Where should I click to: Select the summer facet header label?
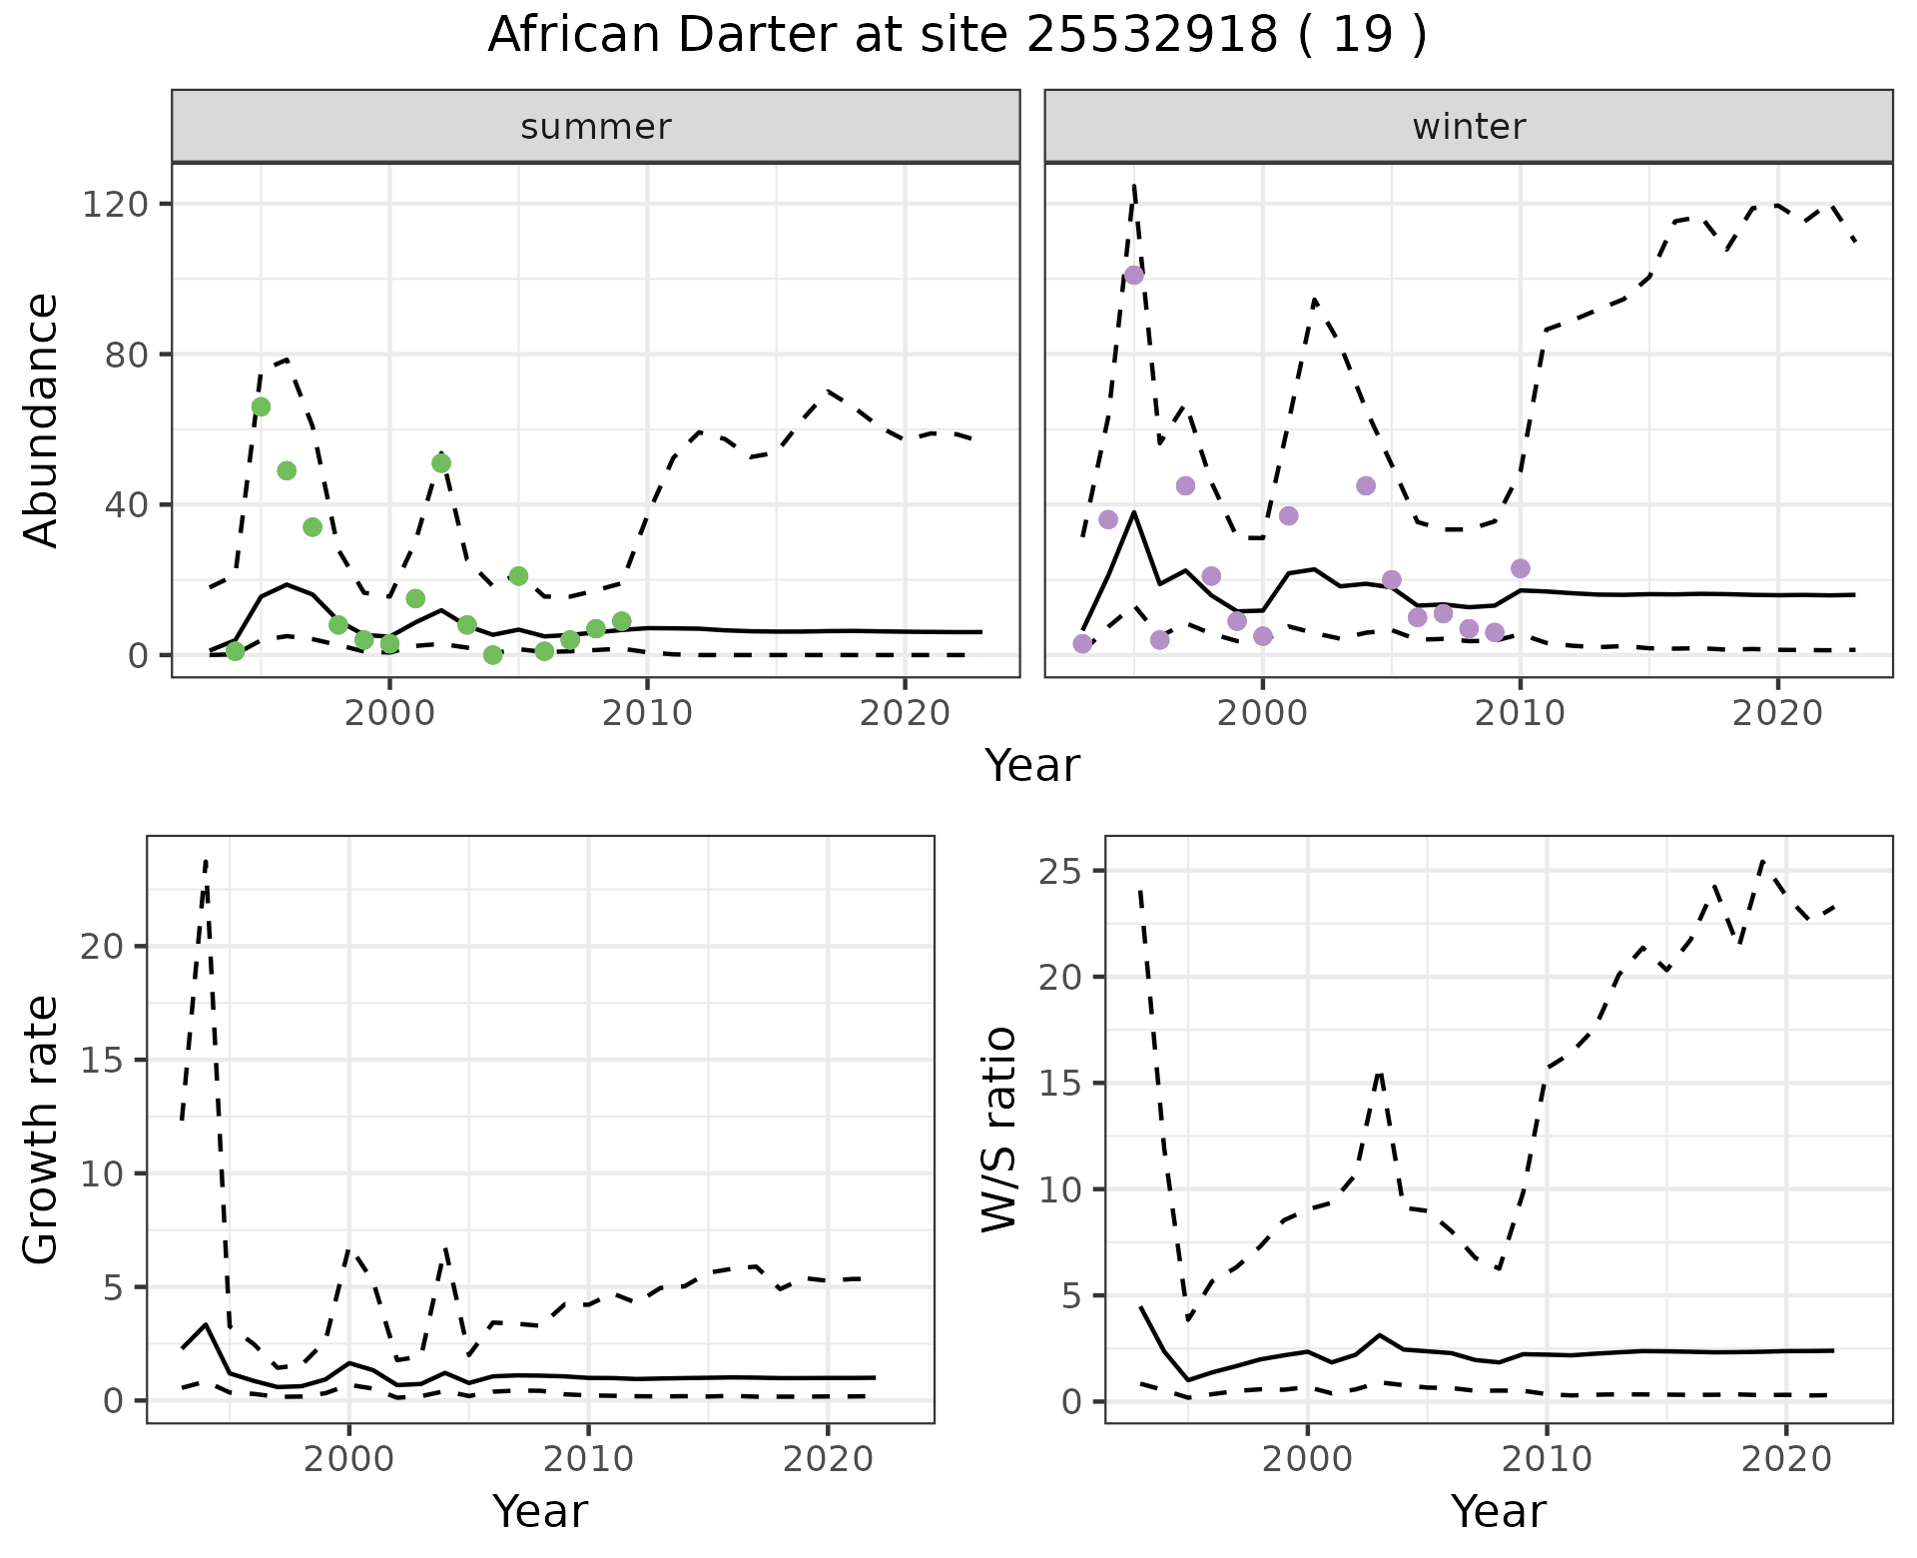tap(596, 127)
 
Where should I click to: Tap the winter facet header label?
tap(1469, 127)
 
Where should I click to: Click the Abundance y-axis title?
tap(42, 419)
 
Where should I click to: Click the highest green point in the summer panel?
tap(261, 406)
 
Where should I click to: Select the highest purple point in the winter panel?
tap(1134, 275)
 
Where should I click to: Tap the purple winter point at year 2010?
tap(1521, 568)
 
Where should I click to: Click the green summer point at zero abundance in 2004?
tap(492, 655)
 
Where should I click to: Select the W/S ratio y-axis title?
tap(999, 1129)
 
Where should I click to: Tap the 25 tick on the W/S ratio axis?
tap(1059, 871)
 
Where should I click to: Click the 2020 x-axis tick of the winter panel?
tap(1777, 713)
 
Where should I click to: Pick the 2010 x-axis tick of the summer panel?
tap(647, 713)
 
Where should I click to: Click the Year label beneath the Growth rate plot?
tap(540, 1511)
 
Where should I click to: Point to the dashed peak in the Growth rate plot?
tap(206, 861)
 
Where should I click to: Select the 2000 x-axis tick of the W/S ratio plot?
tap(1307, 1459)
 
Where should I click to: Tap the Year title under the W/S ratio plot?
tap(1499, 1511)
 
